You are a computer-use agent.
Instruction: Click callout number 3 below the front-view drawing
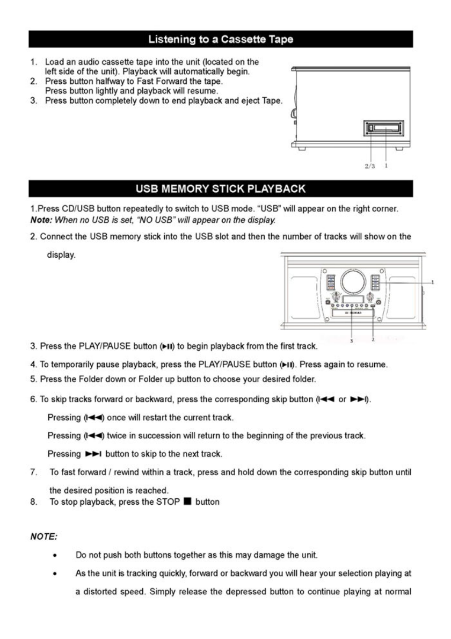(x=351, y=341)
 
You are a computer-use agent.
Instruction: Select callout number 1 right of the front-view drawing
(x=433, y=281)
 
